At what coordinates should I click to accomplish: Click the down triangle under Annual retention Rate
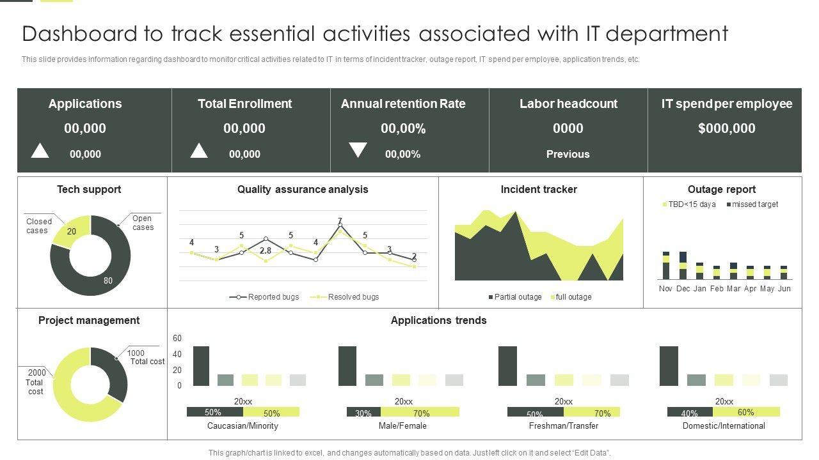tap(358, 150)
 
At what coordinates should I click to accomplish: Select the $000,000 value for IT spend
tap(726, 128)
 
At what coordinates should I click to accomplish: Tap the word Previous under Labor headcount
tap(568, 154)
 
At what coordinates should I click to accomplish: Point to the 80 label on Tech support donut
tap(107, 280)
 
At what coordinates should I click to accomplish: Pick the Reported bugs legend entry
tap(265, 297)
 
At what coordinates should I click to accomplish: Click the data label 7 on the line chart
tap(340, 221)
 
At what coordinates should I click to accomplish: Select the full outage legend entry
tap(571, 297)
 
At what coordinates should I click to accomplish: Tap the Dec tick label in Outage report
tap(683, 289)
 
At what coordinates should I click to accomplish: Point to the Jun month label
tap(784, 289)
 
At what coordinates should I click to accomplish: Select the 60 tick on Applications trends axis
tap(177, 339)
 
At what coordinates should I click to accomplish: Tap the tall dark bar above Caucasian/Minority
tap(201, 366)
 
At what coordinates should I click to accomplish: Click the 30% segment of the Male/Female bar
tap(363, 413)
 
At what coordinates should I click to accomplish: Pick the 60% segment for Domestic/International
tap(746, 412)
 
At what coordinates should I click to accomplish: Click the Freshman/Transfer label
tap(564, 426)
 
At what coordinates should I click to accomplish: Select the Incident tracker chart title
tap(539, 190)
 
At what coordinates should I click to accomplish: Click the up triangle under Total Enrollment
tap(199, 151)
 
